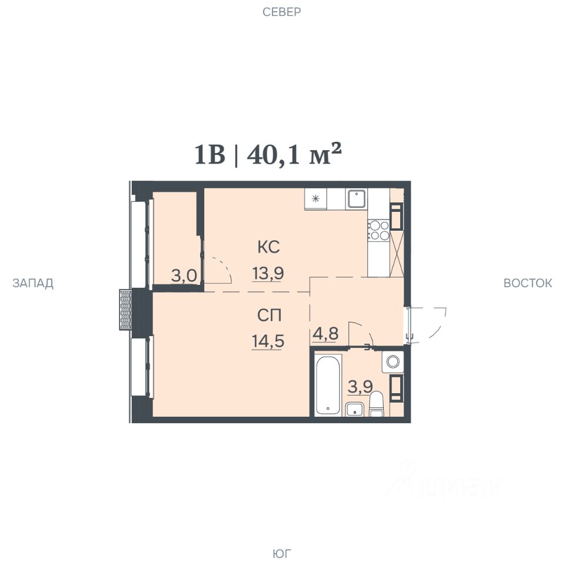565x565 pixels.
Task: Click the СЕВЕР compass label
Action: click(x=281, y=12)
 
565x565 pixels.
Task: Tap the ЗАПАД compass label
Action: click(x=33, y=283)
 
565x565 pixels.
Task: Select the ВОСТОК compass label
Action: click(x=527, y=283)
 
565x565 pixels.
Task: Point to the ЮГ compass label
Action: click(x=282, y=553)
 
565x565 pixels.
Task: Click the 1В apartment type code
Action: click(x=210, y=155)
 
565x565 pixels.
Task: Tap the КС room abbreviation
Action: click(x=268, y=247)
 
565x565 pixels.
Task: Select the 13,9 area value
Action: click(x=268, y=274)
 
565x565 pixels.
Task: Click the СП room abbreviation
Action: click(x=269, y=315)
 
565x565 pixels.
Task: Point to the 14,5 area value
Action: click(x=268, y=341)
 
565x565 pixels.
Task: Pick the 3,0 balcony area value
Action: click(x=184, y=276)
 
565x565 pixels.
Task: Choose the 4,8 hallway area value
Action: click(x=325, y=334)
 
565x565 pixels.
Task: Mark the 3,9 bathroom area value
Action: click(x=360, y=387)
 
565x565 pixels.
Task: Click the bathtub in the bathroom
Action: click(x=327, y=384)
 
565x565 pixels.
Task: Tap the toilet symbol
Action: click(x=377, y=404)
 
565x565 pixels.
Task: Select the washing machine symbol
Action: click(x=393, y=361)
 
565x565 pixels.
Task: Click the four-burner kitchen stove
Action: click(x=378, y=231)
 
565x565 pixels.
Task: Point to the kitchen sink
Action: click(x=357, y=199)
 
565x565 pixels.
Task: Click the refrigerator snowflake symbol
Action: click(x=315, y=198)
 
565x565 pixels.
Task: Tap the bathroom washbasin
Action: click(x=354, y=410)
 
